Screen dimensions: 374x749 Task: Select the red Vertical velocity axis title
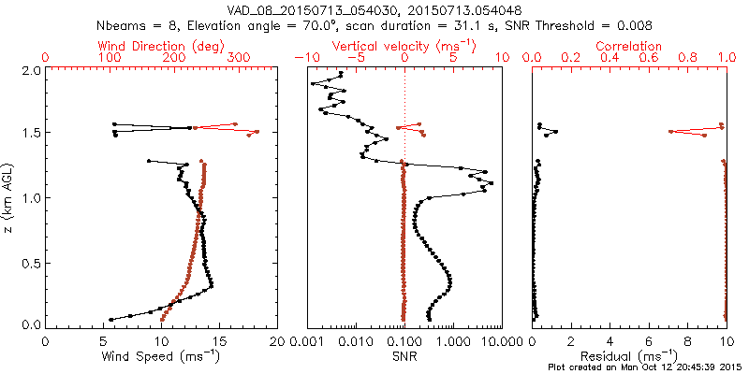tap(404, 46)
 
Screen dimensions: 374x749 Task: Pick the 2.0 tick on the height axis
tap(30, 70)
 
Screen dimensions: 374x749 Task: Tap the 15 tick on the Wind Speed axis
tap(218, 341)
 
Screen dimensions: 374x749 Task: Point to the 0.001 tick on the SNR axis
tap(307, 341)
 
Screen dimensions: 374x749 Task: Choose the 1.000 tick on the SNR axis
tap(452, 341)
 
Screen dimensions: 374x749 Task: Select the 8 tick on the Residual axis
tap(687, 341)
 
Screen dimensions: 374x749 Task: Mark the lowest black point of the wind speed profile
tap(110, 320)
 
